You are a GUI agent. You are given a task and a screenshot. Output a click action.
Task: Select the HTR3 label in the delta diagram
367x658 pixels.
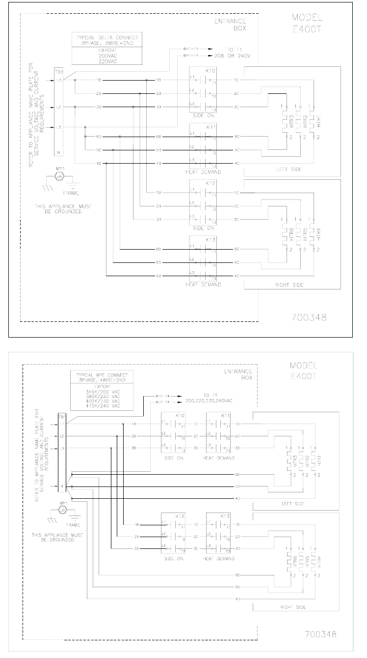291,122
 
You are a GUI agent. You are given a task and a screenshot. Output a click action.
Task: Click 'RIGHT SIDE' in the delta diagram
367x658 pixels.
290,285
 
